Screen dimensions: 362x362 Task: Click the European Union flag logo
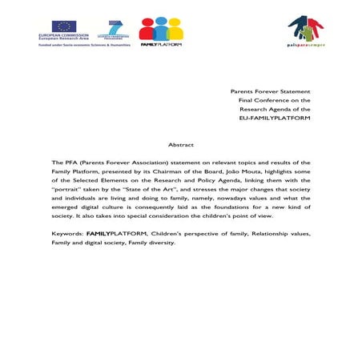coord(64,26)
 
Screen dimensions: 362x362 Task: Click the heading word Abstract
coord(180,144)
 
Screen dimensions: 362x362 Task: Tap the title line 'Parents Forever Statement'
coord(270,92)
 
